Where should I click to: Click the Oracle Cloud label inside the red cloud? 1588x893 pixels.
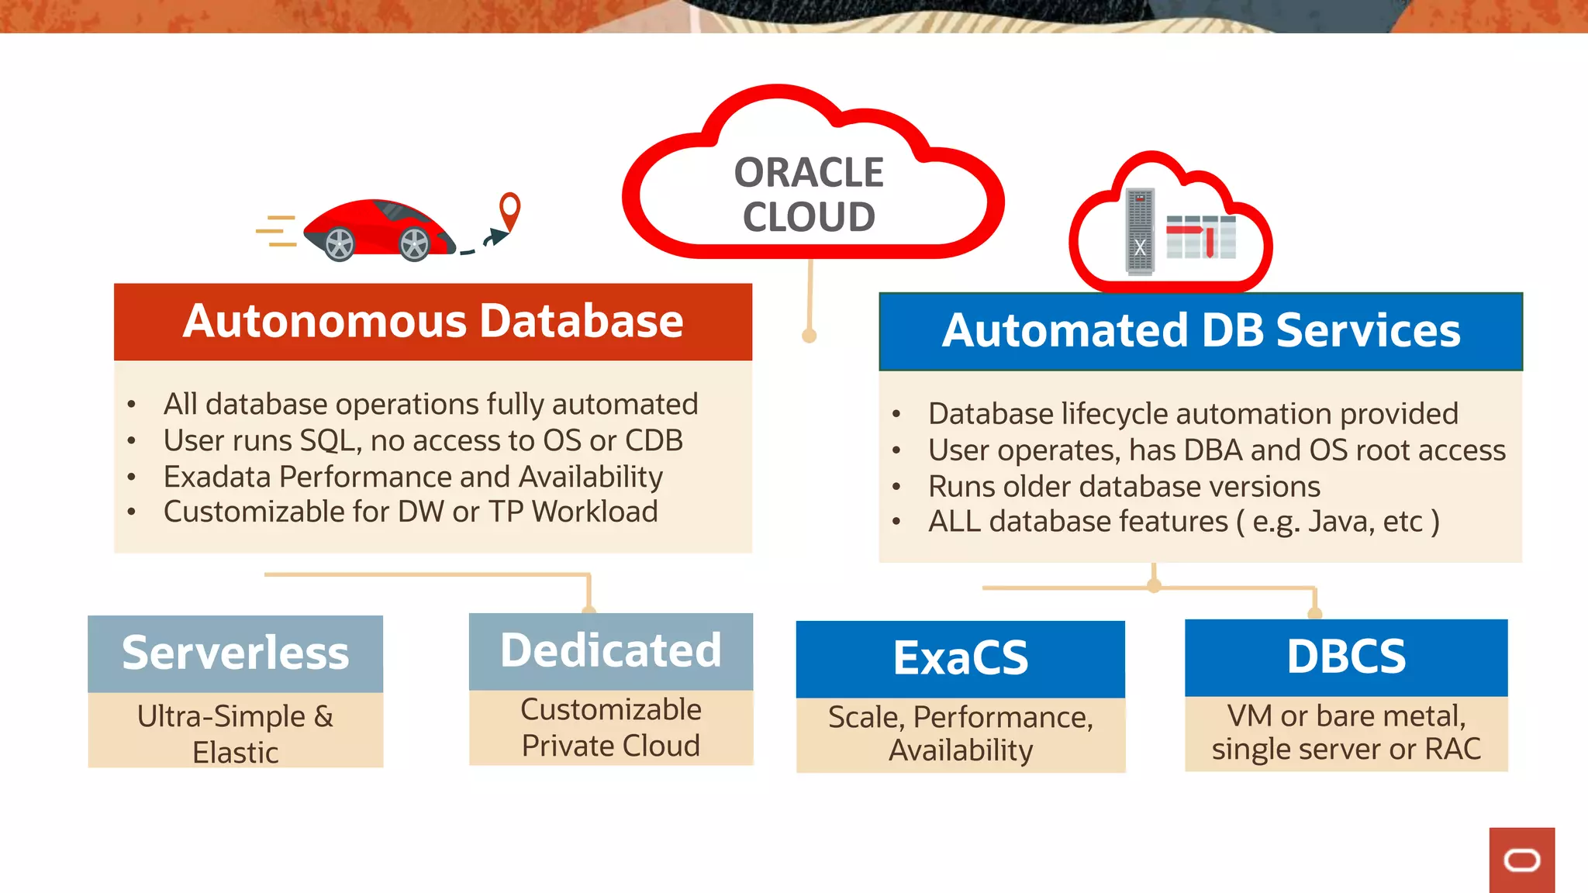pyautogui.click(x=809, y=194)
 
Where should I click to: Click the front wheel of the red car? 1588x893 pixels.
pyautogui.click(x=414, y=244)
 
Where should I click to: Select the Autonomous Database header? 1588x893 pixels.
pyautogui.click(x=433, y=321)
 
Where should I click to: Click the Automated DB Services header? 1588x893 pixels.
pyautogui.click(x=1200, y=331)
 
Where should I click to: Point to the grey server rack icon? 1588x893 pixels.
pyautogui.click(x=1140, y=232)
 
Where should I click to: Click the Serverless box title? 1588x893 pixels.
pyautogui.click(x=235, y=653)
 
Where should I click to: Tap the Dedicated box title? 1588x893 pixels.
pyautogui.click(x=610, y=650)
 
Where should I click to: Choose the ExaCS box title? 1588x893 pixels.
pyautogui.click(x=960, y=658)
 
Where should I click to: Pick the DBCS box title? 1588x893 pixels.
pyautogui.click(x=1345, y=657)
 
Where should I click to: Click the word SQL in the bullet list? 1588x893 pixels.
pyautogui.click(x=330, y=440)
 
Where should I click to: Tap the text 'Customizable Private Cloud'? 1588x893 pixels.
pyautogui.click(x=610, y=727)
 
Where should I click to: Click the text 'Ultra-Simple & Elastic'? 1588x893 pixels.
pyautogui.click(x=235, y=733)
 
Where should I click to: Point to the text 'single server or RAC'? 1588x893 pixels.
pyautogui.click(x=1345, y=750)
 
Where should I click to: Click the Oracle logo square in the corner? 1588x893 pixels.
pyautogui.click(x=1521, y=860)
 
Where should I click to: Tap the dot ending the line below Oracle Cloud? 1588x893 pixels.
pyautogui.click(x=809, y=336)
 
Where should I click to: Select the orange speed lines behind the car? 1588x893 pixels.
pyautogui.click(x=277, y=231)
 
